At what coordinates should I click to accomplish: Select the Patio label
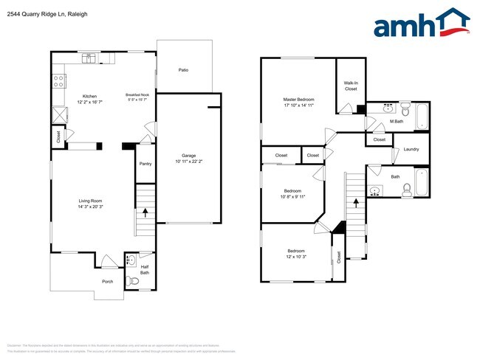click(x=183, y=70)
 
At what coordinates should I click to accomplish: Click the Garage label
click(x=189, y=156)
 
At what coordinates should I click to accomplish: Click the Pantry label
click(x=145, y=164)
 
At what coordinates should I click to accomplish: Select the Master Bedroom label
click(x=298, y=100)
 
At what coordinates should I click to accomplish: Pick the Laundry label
click(x=411, y=150)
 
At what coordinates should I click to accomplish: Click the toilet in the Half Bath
click(x=133, y=280)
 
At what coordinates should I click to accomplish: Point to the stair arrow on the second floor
click(x=357, y=200)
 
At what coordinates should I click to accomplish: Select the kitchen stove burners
click(x=56, y=81)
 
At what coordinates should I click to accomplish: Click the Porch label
click(x=108, y=281)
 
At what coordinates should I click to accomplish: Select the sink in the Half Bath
click(x=132, y=260)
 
